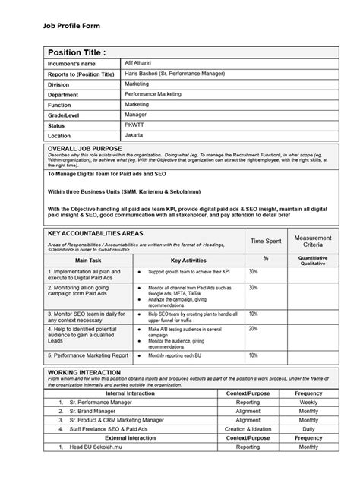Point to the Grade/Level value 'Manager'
137,113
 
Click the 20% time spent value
253,329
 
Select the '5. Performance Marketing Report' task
87,355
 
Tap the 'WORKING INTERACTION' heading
84,373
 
